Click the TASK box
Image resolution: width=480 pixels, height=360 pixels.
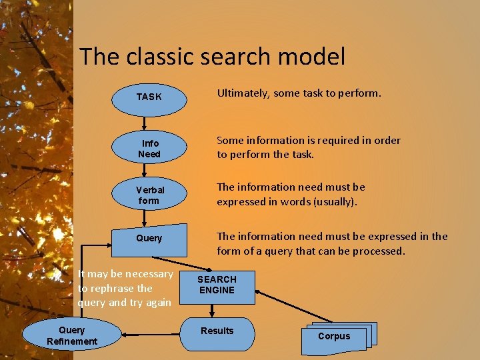(x=149, y=97)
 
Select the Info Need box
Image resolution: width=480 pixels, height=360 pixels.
(x=149, y=149)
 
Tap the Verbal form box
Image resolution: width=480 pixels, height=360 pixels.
(x=149, y=195)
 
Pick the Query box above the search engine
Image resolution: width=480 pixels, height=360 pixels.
(x=149, y=238)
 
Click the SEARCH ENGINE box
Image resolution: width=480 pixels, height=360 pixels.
(x=217, y=285)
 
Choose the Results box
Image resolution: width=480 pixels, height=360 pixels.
(x=217, y=331)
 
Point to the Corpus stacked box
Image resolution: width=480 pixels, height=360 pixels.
(x=334, y=337)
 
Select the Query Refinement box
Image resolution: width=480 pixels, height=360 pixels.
(x=72, y=335)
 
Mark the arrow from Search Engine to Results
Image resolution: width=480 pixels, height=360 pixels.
(x=212, y=309)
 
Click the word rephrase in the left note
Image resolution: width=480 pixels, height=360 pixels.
(x=107, y=288)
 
